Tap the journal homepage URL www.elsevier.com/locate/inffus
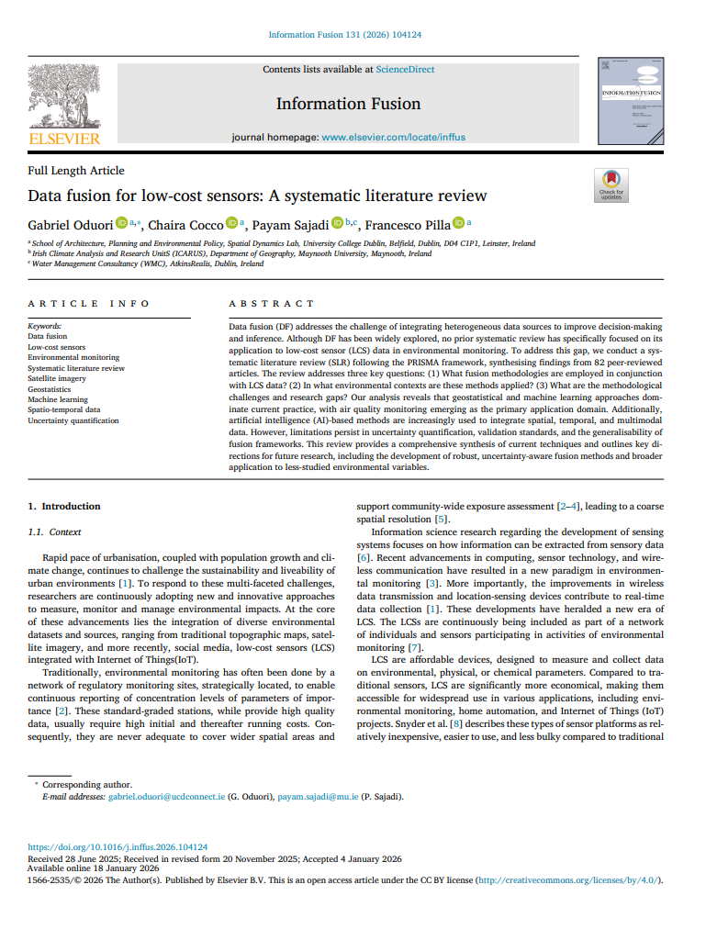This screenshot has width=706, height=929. [x=393, y=137]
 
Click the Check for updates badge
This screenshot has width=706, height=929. [x=611, y=185]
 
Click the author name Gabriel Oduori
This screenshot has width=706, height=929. [x=71, y=224]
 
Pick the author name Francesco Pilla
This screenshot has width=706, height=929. [x=412, y=224]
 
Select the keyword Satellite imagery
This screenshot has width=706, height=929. [x=56, y=378]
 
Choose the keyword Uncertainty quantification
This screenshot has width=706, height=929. [x=73, y=420]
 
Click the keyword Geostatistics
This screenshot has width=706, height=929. [x=49, y=389]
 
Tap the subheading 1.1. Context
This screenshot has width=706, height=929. [x=54, y=532]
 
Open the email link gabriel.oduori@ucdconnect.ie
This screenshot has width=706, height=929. [x=166, y=796]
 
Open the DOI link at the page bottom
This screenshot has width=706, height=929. [x=118, y=847]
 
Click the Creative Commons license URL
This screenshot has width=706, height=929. [x=567, y=879]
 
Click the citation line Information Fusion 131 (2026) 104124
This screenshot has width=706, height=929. [x=345, y=35]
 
